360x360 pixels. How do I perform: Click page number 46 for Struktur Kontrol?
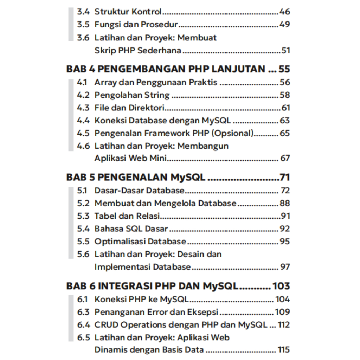[284, 12]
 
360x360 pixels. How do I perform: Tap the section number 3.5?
[83, 25]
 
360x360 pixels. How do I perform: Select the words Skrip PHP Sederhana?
[138, 50]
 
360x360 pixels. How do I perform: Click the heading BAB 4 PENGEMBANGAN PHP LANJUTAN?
[166, 69]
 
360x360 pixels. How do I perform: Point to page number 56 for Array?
[284, 82]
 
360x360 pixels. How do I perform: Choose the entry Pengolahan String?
[132, 95]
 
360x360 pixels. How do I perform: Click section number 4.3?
[83, 108]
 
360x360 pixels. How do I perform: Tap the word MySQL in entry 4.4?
[216, 121]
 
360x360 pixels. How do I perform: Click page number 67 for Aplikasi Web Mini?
[285, 158]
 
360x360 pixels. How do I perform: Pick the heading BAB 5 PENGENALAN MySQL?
[136, 177]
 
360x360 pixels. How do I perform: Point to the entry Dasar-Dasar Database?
[139, 191]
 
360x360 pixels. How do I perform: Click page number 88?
[284, 203]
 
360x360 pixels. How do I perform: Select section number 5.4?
[83, 229]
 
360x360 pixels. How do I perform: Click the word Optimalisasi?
[120, 242]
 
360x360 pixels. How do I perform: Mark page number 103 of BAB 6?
[281, 286]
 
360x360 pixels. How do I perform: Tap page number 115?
[283, 350]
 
